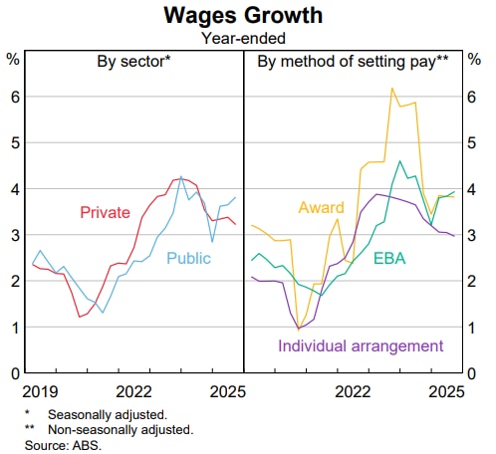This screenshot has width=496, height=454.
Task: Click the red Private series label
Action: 105,212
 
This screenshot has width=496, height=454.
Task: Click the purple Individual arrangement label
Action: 361,345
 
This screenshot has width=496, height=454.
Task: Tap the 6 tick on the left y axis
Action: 14,97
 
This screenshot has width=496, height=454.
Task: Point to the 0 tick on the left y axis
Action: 14,373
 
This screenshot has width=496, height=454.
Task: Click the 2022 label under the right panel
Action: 354,391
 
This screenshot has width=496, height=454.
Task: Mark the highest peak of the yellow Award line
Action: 391,89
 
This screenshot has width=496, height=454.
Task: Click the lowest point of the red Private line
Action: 79,317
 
